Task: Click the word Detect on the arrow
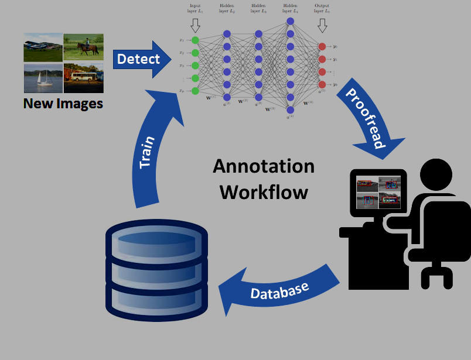point(138,59)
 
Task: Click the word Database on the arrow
point(279,291)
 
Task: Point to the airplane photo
point(43,47)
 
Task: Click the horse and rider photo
point(83,47)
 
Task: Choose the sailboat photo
point(43,78)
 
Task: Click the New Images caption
point(63,104)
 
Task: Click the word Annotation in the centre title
point(263,166)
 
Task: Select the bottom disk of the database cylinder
point(156,299)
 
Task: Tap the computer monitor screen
point(378,192)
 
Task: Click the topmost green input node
point(195,40)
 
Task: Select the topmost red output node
point(321,46)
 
